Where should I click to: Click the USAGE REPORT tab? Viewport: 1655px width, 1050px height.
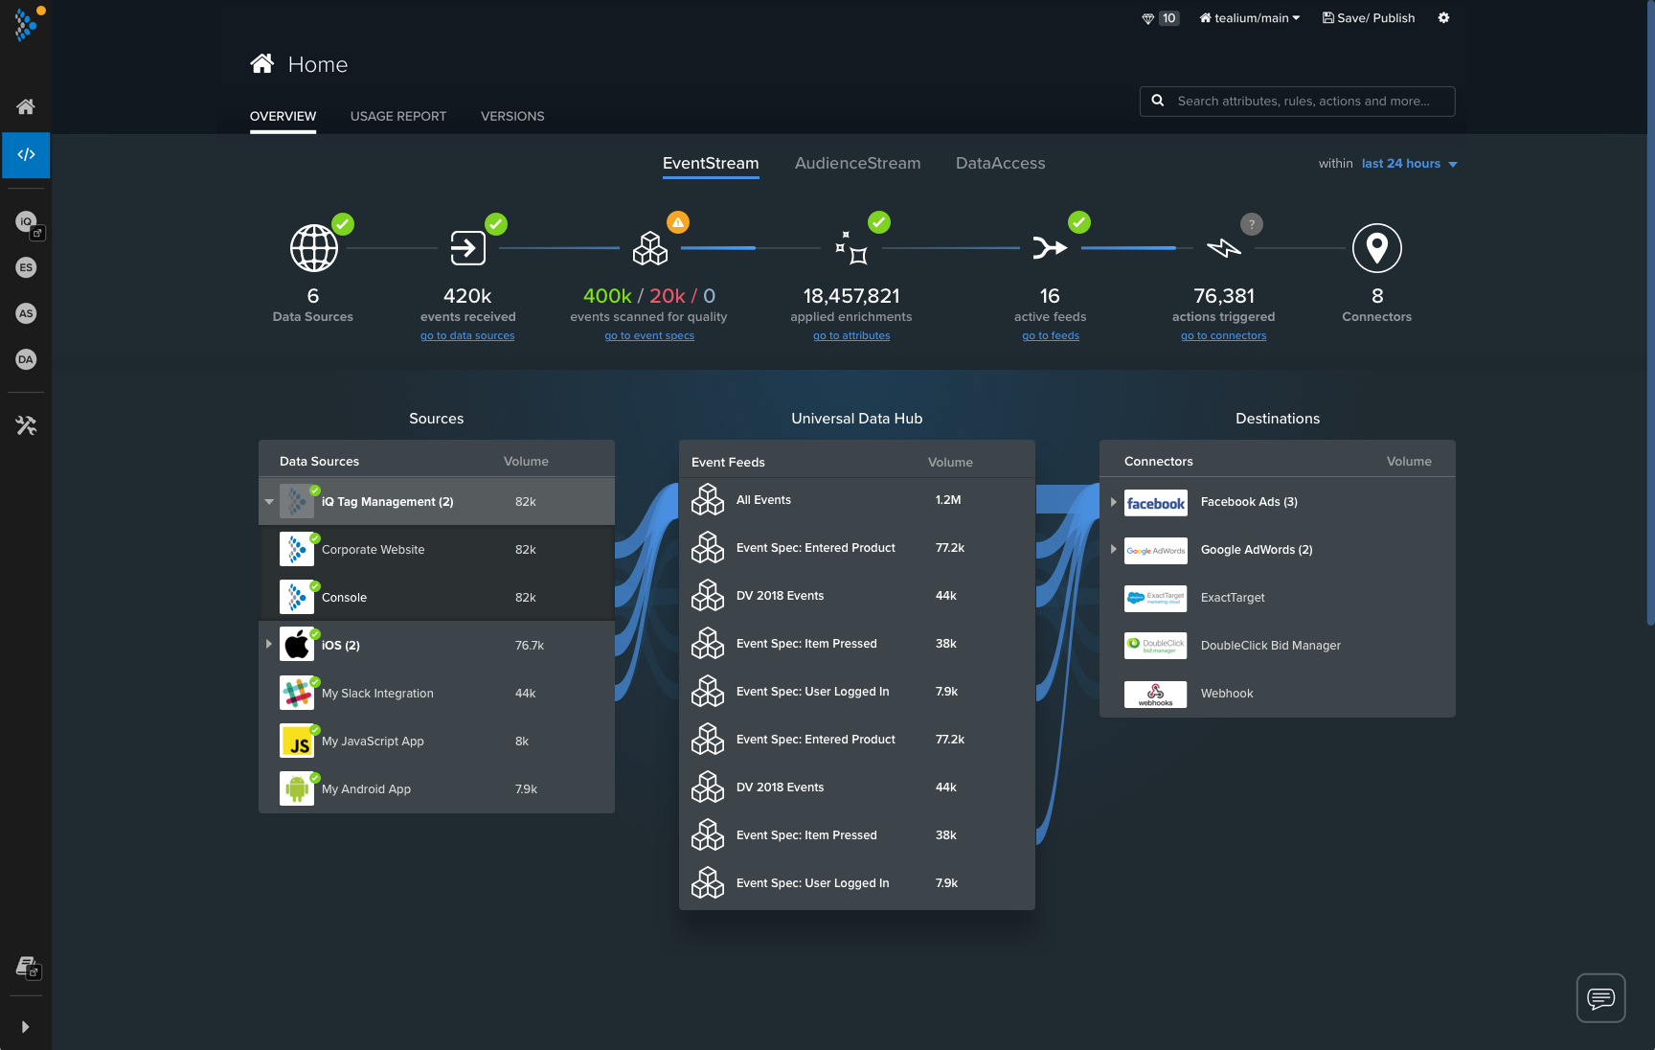[x=397, y=116]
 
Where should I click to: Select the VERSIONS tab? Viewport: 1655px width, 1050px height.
[x=512, y=116]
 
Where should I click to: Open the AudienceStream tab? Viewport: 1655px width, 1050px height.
[x=857, y=164]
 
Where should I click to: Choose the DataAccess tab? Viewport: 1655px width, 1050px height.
[x=1000, y=164]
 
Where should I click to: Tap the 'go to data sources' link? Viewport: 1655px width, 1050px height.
[x=467, y=336]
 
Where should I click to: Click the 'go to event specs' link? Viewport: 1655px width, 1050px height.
[x=649, y=336]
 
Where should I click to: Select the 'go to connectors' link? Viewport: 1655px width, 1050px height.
[x=1223, y=336]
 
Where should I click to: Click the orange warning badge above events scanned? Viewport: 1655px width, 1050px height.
[x=678, y=223]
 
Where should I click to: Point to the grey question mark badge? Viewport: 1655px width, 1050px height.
[x=1251, y=224]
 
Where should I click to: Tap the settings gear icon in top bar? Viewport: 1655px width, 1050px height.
[x=1443, y=18]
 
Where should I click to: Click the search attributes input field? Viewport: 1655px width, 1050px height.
[x=1303, y=102]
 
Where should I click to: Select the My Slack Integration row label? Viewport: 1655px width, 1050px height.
[x=377, y=694]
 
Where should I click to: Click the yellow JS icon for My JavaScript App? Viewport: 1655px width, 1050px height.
[x=297, y=742]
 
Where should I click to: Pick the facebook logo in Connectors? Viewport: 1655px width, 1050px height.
[x=1155, y=503]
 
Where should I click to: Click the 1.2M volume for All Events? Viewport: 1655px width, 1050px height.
[x=948, y=500]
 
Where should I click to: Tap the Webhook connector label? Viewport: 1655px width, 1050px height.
[x=1227, y=694]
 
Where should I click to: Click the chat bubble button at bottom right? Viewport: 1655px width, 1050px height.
[x=1600, y=998]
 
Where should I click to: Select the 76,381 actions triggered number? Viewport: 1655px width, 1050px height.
[x=1223, y=296]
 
